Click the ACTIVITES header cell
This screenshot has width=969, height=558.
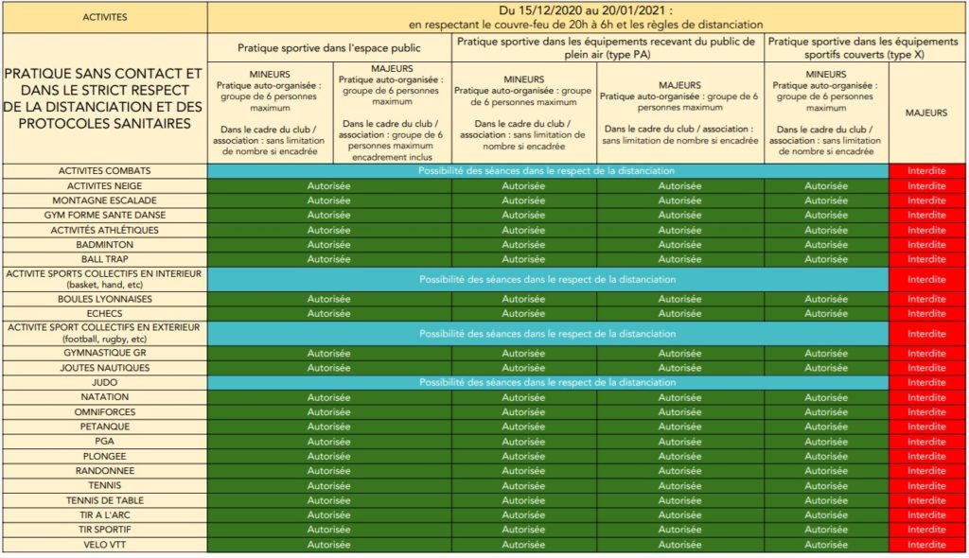(104, 17)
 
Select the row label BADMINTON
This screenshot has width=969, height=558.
(104, 244)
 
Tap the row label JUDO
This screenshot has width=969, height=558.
(104, 382)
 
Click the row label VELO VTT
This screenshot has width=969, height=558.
(104, 544)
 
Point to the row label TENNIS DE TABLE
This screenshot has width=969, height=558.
(104, 500)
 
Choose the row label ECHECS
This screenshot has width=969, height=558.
(104, 313)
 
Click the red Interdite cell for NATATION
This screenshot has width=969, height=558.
(926, 397)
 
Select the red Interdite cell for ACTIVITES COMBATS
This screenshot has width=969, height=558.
(926, 171)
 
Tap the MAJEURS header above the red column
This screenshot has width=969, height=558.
(926, 113)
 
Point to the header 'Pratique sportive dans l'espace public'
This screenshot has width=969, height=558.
(329, 47)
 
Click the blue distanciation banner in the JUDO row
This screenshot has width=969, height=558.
(548, 382)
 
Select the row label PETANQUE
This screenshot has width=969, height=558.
(104, 427)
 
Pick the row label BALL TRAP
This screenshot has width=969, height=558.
(104, 259)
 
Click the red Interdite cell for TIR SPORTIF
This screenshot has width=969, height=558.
(926, 530)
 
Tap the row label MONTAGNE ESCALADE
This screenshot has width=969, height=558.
(104, 201)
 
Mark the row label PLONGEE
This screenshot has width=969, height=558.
(104, 456)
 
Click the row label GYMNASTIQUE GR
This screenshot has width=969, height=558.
(104, 353)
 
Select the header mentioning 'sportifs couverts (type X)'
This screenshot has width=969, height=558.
(864, 47)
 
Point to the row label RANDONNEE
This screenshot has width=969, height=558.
(104, 471)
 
